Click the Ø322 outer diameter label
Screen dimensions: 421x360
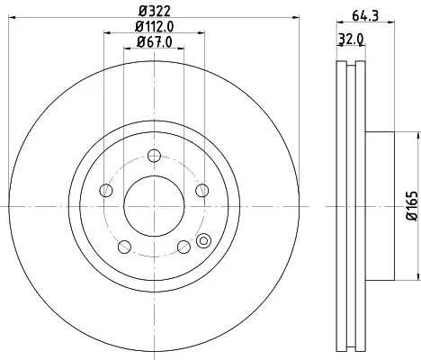point(154,11)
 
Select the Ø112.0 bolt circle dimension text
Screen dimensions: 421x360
point(154,27)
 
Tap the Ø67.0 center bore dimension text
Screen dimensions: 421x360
point(155,42)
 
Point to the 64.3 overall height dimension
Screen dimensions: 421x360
point(365,15)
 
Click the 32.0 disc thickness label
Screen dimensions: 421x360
point(351,40)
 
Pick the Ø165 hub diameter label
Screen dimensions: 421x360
point(412,206)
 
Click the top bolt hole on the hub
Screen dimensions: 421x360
point(154,156)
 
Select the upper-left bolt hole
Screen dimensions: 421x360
point(106,191)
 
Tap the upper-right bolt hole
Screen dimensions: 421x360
point(202,191)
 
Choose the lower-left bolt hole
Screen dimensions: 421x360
point(124,247)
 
